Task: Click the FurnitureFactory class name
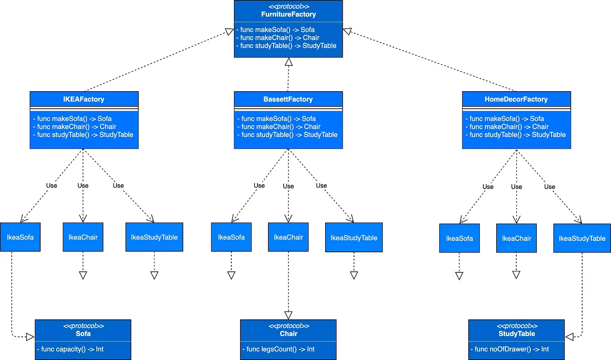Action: [288, 14]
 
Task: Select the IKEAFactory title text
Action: [84, 99]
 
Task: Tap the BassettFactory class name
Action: [288, 99]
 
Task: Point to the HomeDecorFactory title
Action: [516, 99]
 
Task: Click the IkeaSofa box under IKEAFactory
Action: [20, 237]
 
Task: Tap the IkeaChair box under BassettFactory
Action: [288, 237]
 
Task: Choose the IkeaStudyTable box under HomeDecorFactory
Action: [582, 238]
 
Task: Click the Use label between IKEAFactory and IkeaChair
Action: [83, 185]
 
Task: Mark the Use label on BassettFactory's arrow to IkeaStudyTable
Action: [321, 185]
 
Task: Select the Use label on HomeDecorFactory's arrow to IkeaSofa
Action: [488, 187]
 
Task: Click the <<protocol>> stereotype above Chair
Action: [288, 326]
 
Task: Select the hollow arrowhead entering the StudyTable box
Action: [570, 337]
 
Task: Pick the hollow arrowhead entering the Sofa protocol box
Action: [30, 336]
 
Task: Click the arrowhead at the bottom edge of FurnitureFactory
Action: [288, 62]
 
